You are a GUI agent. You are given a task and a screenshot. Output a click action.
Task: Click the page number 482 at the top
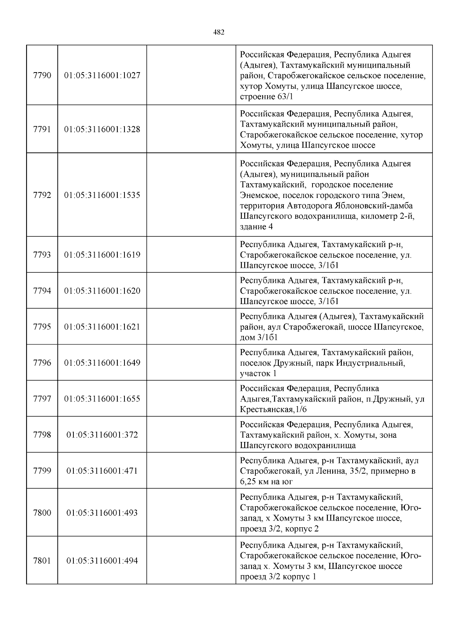219,32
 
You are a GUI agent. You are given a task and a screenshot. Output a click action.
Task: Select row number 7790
42,75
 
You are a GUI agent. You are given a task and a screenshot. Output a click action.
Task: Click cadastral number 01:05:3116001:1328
102,129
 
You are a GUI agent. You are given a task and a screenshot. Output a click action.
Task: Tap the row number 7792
42,195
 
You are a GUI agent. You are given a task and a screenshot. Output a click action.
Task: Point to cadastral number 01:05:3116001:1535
102,195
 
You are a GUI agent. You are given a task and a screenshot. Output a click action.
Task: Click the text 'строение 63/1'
266,97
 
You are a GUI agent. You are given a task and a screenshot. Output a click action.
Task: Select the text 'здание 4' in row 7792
256,227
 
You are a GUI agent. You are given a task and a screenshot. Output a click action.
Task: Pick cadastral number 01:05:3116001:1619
102,255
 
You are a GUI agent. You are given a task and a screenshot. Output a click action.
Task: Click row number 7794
42,291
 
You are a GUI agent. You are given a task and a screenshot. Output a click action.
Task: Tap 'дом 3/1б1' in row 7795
259,337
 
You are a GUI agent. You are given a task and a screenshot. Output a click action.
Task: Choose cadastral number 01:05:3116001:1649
102,363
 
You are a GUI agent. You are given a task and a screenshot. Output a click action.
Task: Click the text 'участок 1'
258,374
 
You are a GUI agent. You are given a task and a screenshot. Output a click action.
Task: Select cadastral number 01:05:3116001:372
102,435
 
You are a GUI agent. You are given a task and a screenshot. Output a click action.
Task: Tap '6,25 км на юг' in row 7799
266,482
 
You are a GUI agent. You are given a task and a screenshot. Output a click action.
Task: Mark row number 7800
42,513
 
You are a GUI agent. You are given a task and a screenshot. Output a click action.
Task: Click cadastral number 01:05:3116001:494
102,561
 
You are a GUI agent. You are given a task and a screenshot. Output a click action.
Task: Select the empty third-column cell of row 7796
191,363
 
